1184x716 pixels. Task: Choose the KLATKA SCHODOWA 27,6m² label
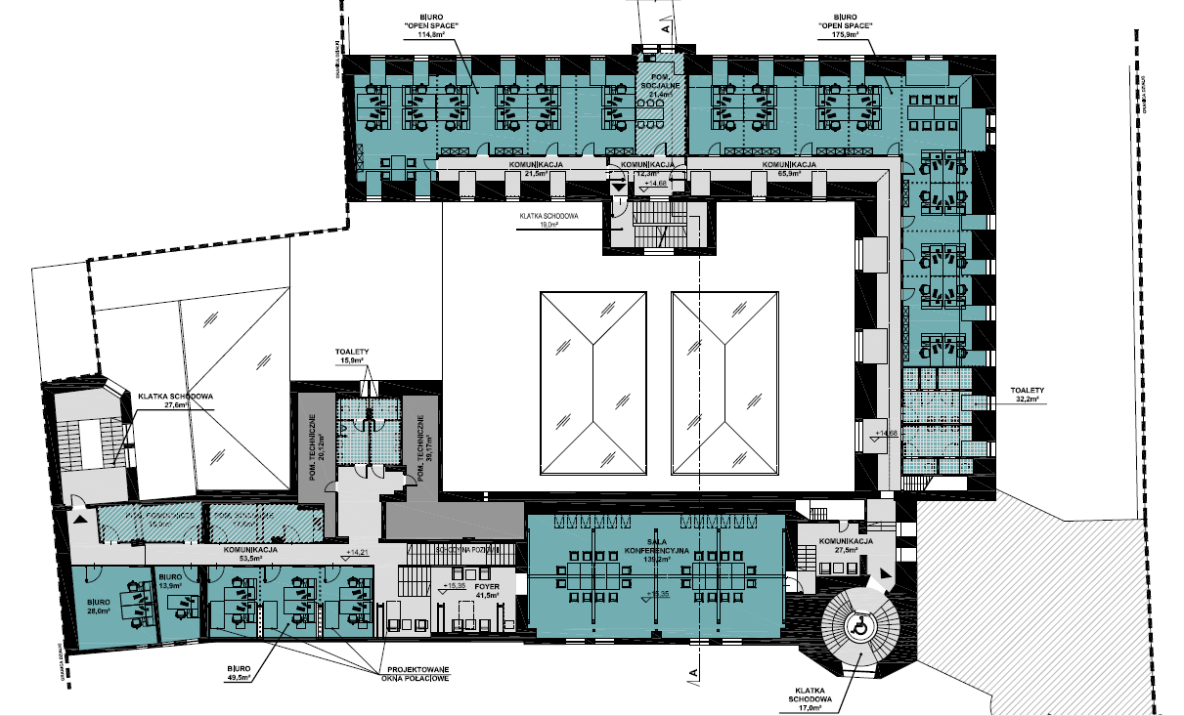pyautogui.click(x=177, y=400)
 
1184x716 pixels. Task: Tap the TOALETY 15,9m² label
pyautogui.click(x=351, y=357)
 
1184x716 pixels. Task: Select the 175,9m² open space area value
pyautogui.click(x=845, y=35)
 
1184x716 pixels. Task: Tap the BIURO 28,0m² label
pyautogui.click(x=98, y=607)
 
